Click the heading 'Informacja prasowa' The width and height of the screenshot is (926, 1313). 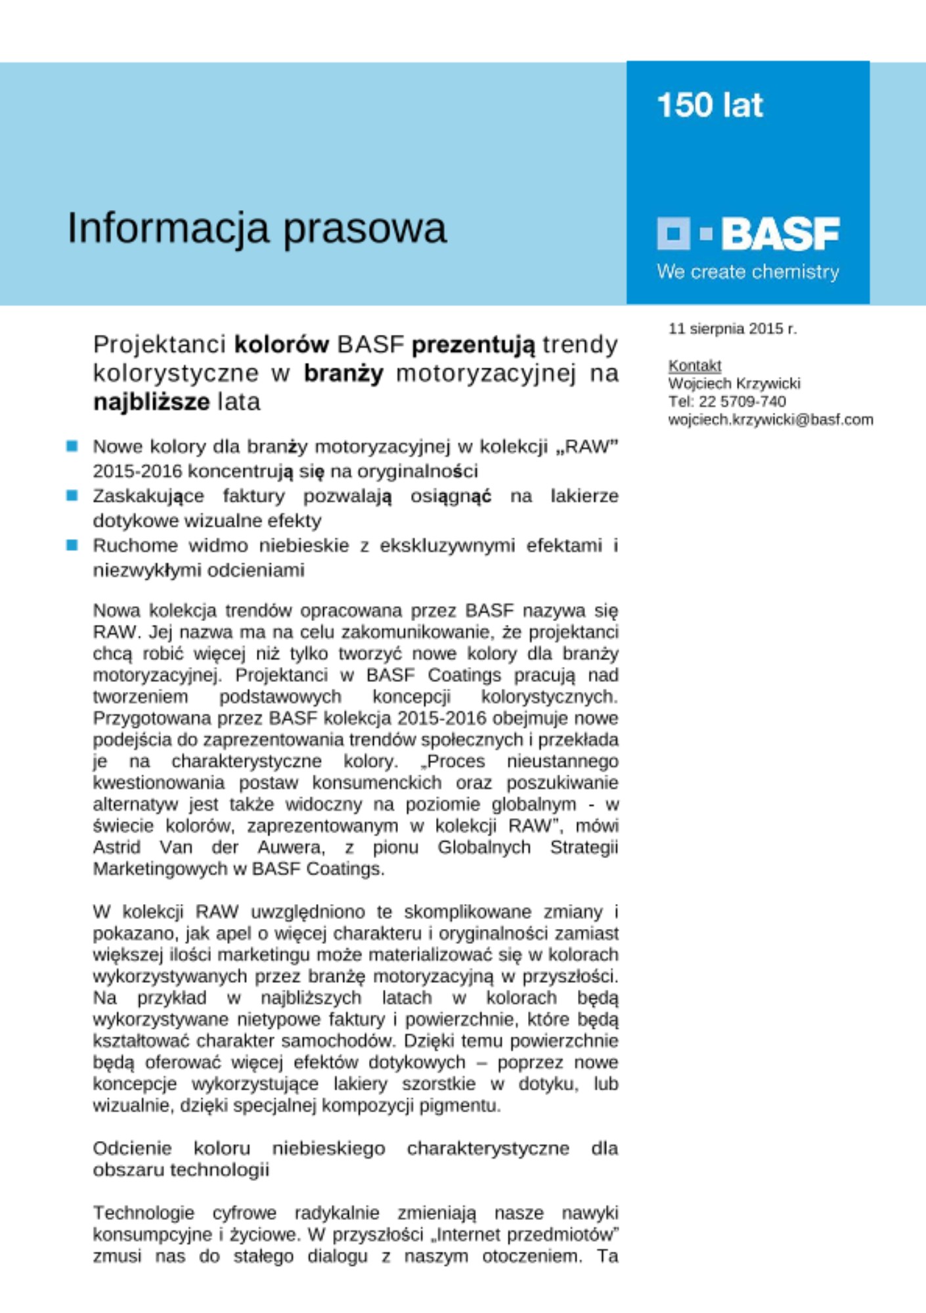coord(257,228)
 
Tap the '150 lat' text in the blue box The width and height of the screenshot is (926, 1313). coord(710,105)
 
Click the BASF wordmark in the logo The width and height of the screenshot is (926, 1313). coord(780,234)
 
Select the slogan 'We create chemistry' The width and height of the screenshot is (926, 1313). coord(747,272)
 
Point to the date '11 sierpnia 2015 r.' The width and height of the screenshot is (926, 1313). coord(732,328)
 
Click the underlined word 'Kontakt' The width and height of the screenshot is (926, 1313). coord(694,365)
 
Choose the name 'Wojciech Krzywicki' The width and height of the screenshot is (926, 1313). coord(734,383)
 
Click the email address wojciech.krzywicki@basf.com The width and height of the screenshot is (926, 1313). coord(770,420)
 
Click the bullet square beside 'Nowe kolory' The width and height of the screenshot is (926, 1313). coord(72,446)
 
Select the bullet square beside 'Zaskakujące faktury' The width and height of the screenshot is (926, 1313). coord(72,496)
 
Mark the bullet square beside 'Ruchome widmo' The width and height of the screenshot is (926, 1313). coord(72,545)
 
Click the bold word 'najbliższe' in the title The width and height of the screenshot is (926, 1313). coord(152,401)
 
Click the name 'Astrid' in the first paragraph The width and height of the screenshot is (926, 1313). coord(116,848)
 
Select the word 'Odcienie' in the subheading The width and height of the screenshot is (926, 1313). coord(132,1148)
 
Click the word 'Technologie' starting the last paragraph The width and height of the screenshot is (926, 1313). coord(143,1213)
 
